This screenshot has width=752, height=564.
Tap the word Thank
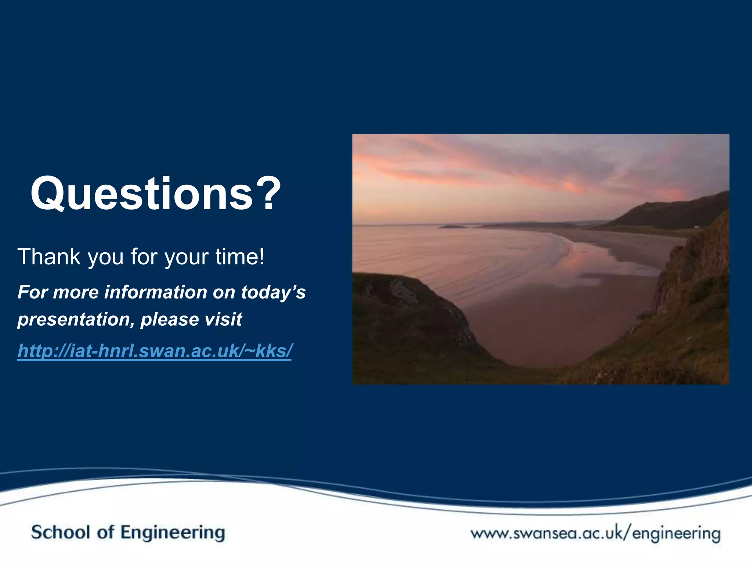point(49,257)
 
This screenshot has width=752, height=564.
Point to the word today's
point(273,293)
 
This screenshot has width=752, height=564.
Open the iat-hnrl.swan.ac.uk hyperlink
point(155,351)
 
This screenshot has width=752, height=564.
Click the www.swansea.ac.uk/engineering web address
point(596,533)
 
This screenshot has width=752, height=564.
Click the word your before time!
point(187,257)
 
